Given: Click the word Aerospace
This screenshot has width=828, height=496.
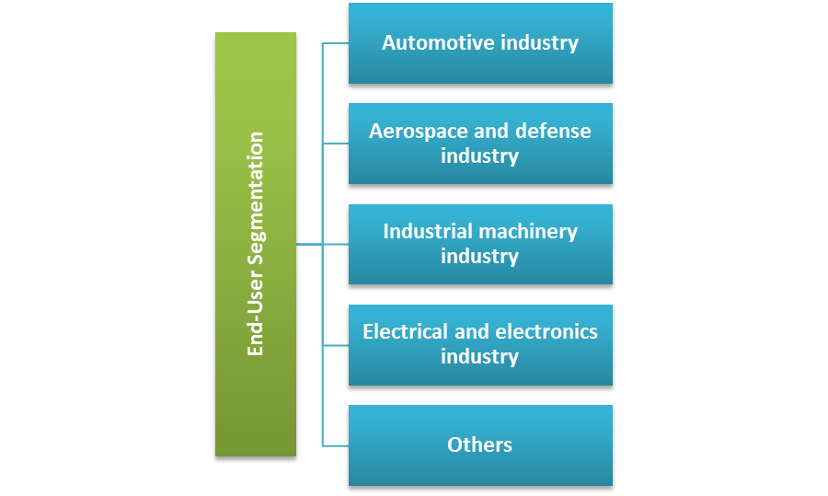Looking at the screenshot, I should coord(410,131).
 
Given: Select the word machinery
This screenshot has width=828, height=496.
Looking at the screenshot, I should coord(534,231).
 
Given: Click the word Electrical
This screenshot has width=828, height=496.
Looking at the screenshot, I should coord(405,331).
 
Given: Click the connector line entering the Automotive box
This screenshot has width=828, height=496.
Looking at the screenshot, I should coord(335,43).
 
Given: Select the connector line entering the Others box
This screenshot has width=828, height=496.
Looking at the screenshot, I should coord(335,445).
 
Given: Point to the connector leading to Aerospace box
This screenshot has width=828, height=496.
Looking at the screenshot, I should coord(335,144).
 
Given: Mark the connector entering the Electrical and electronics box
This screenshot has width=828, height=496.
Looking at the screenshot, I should coord(335,345).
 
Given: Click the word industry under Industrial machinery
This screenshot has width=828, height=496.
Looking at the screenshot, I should coord(479,256).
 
